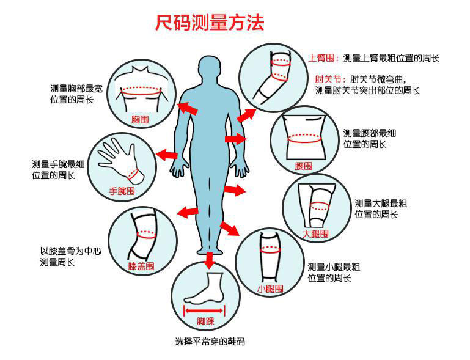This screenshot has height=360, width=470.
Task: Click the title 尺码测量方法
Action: (209, 23)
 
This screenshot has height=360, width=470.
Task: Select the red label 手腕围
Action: (122, 191)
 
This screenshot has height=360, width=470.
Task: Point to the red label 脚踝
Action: (205, 321)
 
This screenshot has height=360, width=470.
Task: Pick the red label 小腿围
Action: (270, 288)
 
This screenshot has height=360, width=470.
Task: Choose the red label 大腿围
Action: (315, 233)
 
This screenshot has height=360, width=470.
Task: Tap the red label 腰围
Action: (304, 166)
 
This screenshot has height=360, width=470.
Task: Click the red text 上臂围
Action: (323, 59)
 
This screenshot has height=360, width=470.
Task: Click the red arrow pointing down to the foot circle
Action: (210, 260)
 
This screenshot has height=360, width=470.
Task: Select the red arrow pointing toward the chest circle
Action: (188, 108)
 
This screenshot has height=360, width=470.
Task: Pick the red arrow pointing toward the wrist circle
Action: (167, 155)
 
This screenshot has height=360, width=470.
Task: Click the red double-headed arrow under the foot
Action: (205, 310)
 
